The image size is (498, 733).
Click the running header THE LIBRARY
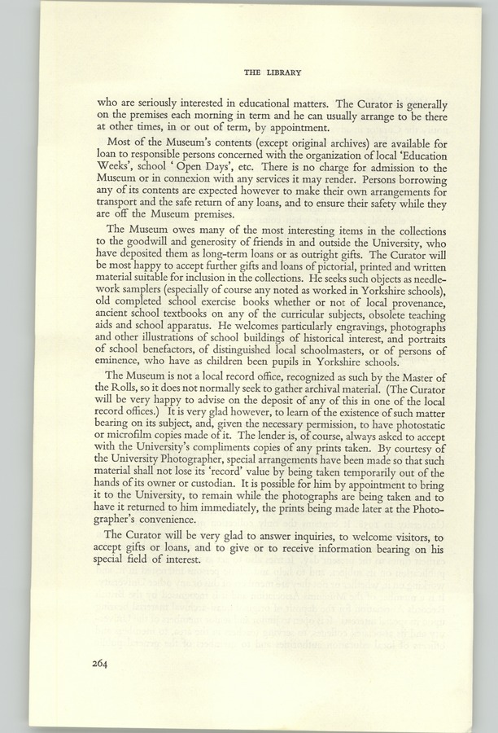273,72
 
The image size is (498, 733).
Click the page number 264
106,664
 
